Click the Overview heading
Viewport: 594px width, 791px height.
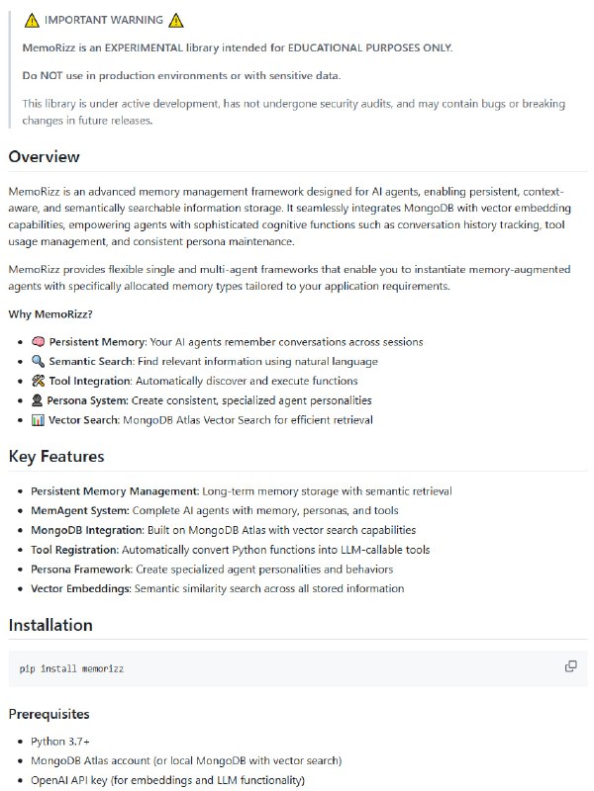pos(45,156)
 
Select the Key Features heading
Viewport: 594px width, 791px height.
pos(56,456)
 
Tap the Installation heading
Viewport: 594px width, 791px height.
pos(50,625)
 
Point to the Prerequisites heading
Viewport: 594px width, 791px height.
pos(49,713)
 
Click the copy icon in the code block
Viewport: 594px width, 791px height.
pos(570,666)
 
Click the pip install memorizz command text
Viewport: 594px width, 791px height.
pos(71,669)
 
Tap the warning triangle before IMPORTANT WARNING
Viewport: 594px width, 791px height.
pos(31,21)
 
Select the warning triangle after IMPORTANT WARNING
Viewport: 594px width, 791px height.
pos(175,21)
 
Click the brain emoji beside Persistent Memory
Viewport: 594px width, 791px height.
pos(38,342)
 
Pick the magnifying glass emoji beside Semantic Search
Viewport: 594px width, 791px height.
pos(38,361)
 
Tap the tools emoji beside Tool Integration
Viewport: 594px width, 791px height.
pos(38,381)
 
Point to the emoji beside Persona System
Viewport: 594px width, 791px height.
pos(38,400)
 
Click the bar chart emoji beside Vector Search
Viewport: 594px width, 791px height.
pos(38,420)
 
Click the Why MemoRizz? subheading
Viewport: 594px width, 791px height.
pos(50,314)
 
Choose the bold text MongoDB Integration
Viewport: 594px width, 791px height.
pos(89,530)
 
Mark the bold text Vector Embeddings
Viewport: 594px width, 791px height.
pos(81,588)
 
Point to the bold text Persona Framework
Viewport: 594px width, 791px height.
pos(81,569)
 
